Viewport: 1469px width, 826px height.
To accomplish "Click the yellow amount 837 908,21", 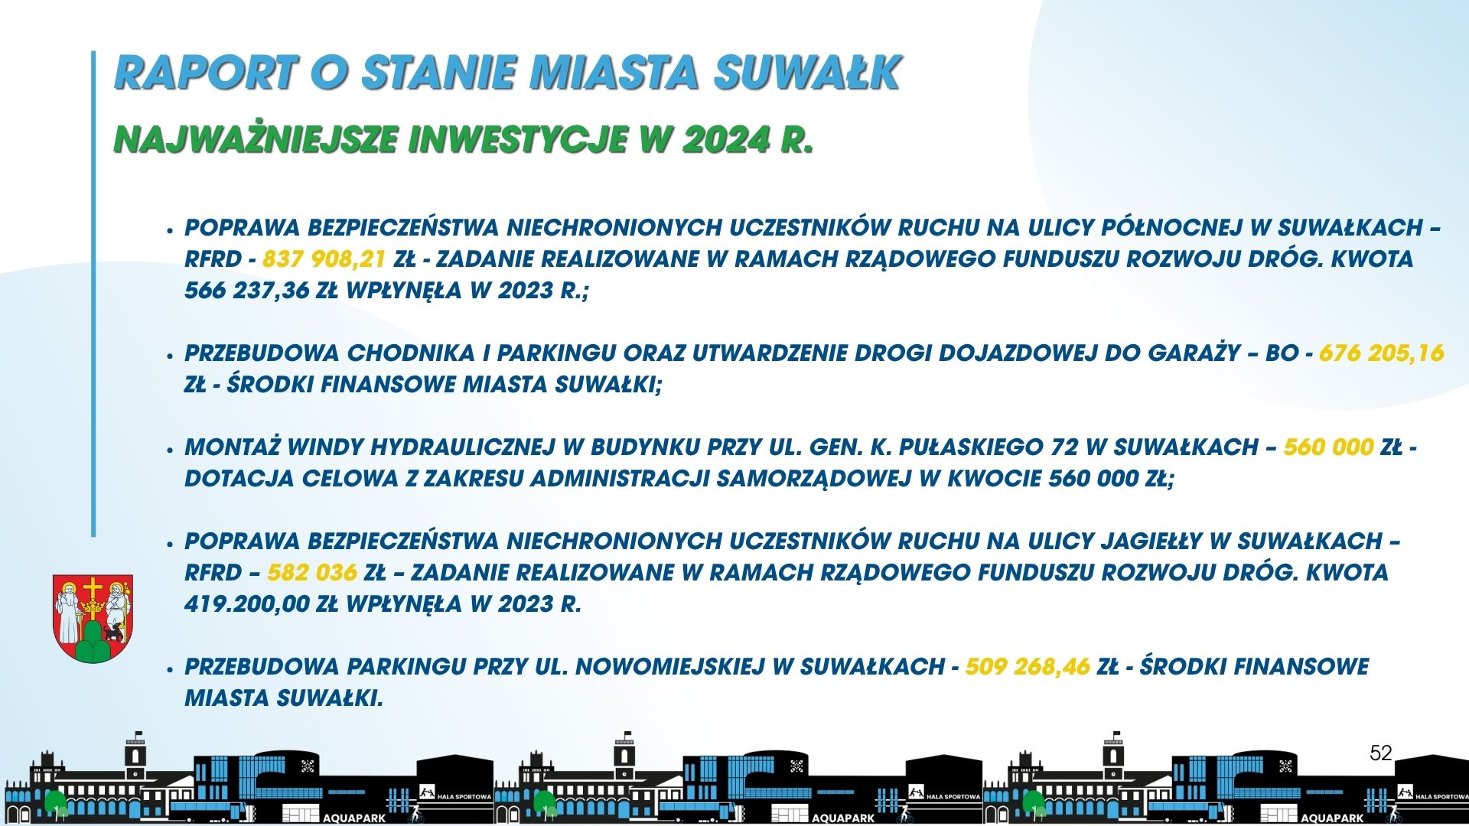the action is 324,259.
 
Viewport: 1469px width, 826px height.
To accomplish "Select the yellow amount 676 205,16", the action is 1381,353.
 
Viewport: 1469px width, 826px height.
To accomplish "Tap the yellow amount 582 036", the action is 312,573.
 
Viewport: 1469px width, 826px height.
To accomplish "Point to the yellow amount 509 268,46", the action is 1028,667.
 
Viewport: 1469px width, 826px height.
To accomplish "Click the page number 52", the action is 1381,753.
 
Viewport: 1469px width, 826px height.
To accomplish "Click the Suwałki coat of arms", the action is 93,619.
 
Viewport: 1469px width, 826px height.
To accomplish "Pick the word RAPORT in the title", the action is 205,73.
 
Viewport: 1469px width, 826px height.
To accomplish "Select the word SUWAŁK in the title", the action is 808,73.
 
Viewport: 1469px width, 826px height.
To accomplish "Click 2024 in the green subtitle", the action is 726,140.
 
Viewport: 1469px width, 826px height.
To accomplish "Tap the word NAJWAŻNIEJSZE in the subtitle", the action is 256,140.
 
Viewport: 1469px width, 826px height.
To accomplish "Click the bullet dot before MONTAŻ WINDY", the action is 170,450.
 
